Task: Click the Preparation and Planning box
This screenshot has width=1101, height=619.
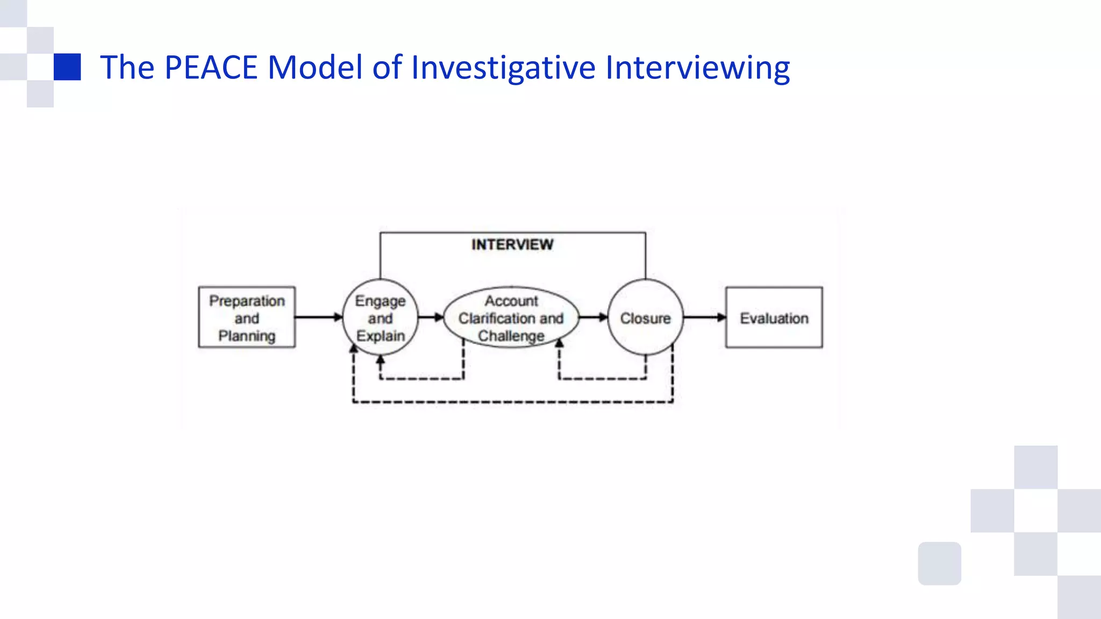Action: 247,318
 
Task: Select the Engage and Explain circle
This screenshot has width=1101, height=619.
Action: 380,318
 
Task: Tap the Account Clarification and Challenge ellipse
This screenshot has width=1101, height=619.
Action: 511,318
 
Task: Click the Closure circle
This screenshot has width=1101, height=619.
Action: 645,318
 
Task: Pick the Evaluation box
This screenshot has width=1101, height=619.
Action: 774,318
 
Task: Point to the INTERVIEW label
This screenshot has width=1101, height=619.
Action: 512,244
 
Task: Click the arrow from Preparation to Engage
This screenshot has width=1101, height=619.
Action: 318,317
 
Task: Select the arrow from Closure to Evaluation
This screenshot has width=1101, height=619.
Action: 704,317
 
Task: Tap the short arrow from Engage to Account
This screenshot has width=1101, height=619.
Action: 430,317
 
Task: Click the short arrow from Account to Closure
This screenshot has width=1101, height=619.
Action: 593,317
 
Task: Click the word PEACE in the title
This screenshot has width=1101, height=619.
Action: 211,68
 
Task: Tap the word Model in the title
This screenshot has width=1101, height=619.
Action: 314,68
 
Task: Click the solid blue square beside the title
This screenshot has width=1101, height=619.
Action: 67,67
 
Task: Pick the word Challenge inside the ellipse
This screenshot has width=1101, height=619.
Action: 511,336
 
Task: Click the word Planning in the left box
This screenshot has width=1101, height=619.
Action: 247,336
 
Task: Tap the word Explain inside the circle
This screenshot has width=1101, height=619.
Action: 380,336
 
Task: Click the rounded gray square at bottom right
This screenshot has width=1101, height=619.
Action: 939,563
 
